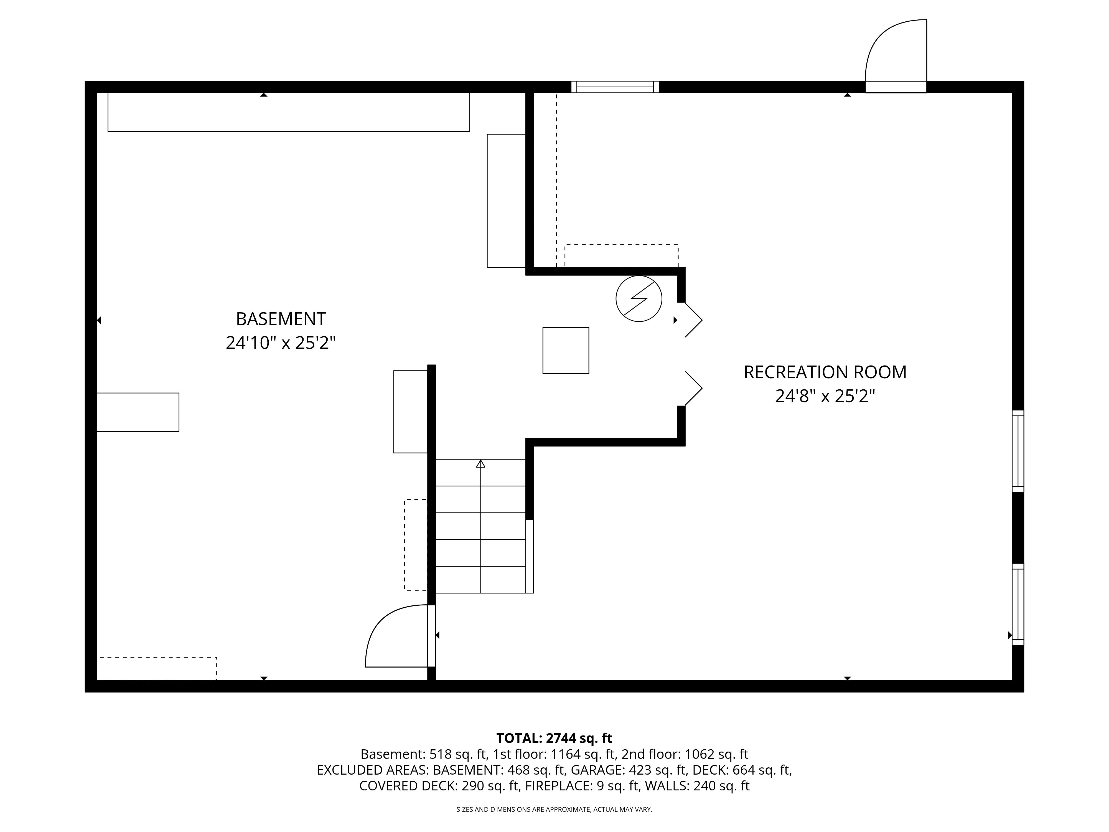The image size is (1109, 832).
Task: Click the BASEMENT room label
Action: [281, 319]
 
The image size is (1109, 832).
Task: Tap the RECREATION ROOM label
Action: [825, 372]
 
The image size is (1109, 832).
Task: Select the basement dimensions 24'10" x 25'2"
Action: [281, 343]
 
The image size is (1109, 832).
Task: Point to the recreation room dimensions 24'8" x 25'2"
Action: [825, 396]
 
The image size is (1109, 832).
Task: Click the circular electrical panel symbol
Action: [639, 298]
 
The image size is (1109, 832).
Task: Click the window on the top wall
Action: [615, 87]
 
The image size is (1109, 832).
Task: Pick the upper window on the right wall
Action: [1018, 451]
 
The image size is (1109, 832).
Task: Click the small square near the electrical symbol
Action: [566, 351]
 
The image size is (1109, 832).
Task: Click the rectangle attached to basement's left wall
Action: [138, 412]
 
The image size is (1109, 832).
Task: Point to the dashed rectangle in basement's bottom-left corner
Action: [156, 668]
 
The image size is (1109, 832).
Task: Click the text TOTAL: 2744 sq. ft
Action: [554, 738]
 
